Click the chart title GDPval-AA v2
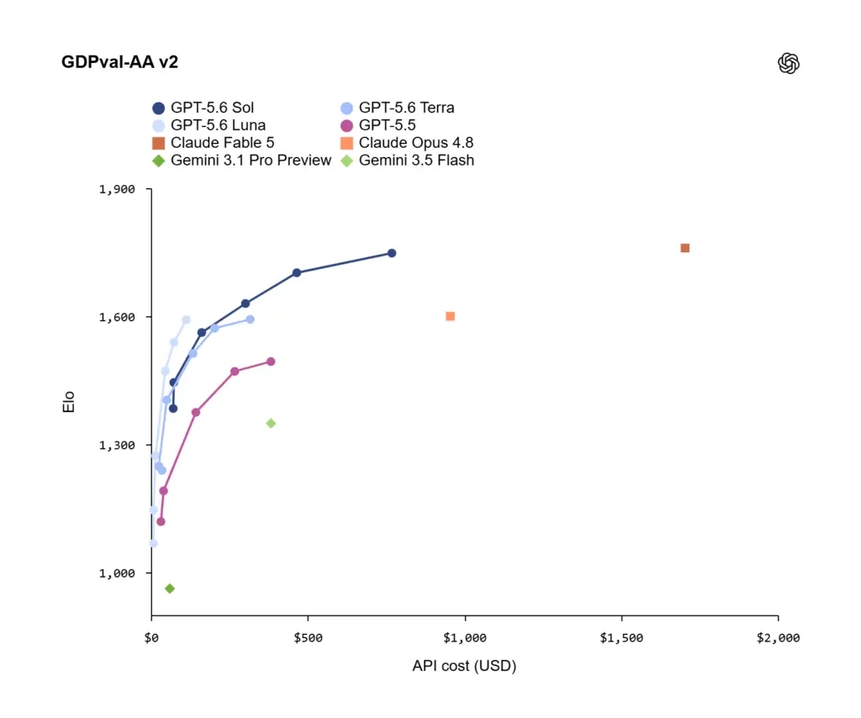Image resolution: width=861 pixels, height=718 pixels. (x=119, y=62)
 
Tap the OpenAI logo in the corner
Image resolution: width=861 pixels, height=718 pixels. (x=789, y=63)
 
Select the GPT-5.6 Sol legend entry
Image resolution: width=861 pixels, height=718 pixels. (x=203, y=108)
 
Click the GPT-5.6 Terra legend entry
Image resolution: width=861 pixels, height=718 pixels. (x=398, y=108)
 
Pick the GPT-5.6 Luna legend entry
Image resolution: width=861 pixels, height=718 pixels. (x=209, y=125)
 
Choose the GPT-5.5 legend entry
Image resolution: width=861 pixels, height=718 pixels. (x=378, y=125)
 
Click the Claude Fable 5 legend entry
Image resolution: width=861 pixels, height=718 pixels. (x=213, y=143)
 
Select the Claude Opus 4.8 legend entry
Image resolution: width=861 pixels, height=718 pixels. (x=407, y=143)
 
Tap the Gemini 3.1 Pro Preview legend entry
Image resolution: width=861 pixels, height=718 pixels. (x=241, y=161)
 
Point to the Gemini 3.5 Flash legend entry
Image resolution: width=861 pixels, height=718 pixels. (x=407, y=161)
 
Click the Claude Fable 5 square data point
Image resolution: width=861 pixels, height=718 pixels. (x=684, y=248)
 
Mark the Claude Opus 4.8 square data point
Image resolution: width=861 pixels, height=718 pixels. (x=451, y=316)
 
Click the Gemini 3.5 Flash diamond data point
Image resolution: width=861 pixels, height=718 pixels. (x=271, y=423)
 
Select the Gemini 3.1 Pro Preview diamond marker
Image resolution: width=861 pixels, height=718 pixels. (x=170, y=589)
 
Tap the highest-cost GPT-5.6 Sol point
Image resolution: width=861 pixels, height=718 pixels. (x=392, y=253)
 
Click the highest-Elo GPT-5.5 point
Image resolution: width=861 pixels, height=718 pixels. (x=271, y=362)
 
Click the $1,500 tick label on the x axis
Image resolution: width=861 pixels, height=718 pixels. (x=621, y=638)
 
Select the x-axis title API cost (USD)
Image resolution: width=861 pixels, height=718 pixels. (x=464, y=666)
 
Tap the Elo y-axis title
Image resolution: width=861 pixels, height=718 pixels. (x=69, y=402)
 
